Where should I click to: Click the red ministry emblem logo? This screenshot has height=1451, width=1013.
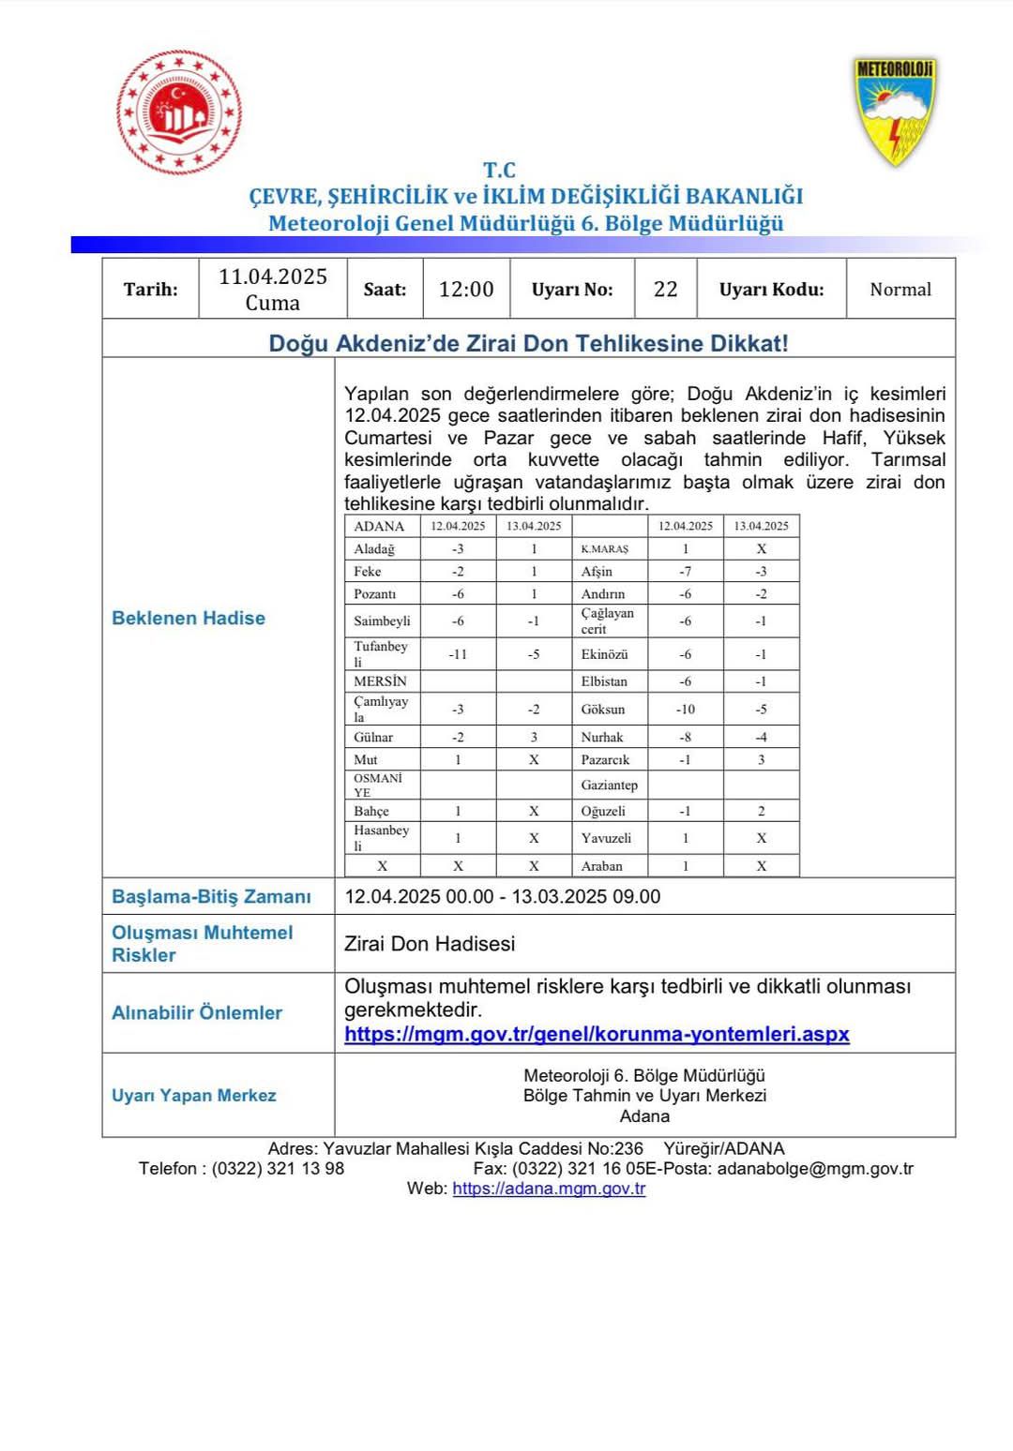[x=179, y=113]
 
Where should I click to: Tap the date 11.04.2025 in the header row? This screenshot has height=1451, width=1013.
[x=273, y=277]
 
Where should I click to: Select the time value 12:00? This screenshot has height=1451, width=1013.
[x=466, y=290]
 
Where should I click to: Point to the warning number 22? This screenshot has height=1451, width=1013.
[x=666, y=290]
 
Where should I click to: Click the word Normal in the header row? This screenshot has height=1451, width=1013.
[x=900, y=290]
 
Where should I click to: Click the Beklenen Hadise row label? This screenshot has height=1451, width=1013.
[x=189, y=619]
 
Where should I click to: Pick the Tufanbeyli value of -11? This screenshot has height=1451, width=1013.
[x=458, y=654]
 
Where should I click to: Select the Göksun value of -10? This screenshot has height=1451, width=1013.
[x=685, y=710]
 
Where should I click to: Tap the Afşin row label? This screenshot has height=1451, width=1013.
[x=597, y=572]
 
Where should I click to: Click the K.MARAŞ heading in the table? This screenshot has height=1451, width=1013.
[x=605, y=549]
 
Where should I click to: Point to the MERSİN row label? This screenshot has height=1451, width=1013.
[x=380, y=681]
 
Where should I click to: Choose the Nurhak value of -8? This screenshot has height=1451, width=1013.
[x=685, y=738]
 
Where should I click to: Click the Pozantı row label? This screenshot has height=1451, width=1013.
[x=375, y=594]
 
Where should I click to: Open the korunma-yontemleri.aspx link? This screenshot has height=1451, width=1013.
[x=597, y=1035]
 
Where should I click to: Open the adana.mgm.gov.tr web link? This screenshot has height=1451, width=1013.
[x=549, y=1189]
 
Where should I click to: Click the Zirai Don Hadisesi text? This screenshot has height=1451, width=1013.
[x=430, y=944]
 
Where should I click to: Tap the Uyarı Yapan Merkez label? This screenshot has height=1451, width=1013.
[x=194, y=1096]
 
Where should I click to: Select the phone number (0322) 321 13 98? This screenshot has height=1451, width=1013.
[x=278, y=1169]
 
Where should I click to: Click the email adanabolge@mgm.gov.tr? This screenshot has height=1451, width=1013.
[x=815, y=1169]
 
